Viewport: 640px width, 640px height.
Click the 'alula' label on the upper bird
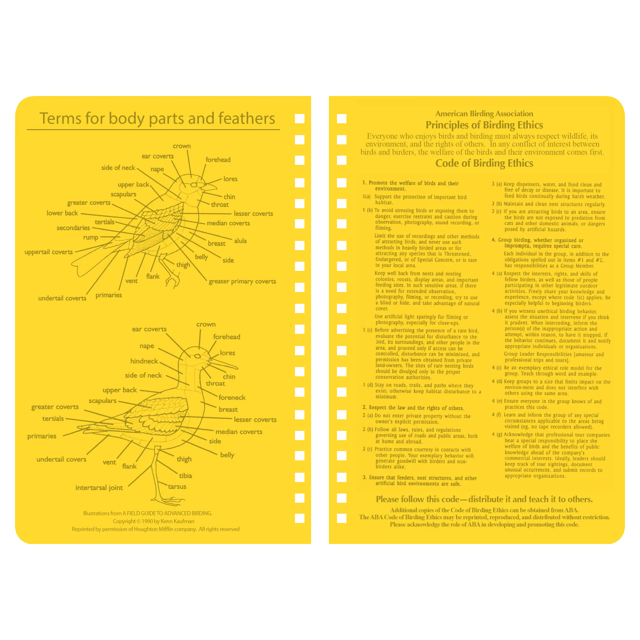(x=240, y=241)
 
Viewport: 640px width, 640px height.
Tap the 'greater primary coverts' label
(x=242, y=282)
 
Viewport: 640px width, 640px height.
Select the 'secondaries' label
(x=73, y=228)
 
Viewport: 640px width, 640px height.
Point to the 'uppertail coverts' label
(x=49, y=252)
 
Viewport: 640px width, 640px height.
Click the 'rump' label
(x=90, y=238)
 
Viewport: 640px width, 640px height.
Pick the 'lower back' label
(x=62, y=213)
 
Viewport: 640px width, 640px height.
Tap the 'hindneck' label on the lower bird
(x=144, y=361)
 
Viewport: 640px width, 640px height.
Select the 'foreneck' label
(x=232, y=398)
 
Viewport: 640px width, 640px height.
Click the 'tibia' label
(x=186, y=476)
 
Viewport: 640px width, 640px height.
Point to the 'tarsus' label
(x=177, y=486)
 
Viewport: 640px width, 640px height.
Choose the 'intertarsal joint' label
(x=99, y=488)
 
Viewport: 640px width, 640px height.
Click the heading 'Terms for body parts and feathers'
(x=157, y=118)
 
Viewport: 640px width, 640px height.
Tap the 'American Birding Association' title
(x=484, y=113)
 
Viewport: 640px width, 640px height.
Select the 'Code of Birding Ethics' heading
(x=484, y=163)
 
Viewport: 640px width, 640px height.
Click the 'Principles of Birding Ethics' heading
(x=484, y=125)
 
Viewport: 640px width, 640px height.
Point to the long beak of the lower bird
(x=224, y=364)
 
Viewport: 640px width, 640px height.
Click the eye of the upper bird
(x=194, y=185)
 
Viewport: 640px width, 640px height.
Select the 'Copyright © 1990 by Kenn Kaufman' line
(x=154, y=521)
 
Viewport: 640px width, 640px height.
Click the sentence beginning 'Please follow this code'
(x=484, y=499)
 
